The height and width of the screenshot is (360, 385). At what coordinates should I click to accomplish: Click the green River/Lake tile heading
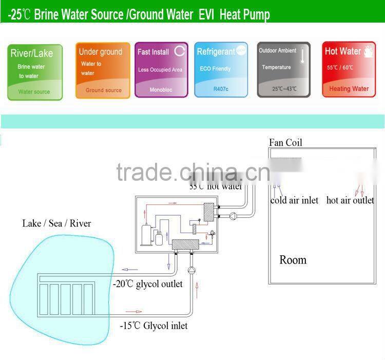coord(32,53)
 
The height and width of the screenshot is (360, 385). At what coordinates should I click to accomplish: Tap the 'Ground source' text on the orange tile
coord(104,90)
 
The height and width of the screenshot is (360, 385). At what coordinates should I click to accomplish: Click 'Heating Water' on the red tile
coord(349,89)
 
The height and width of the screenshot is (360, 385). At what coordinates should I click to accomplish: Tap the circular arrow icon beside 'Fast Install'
coord(179,51)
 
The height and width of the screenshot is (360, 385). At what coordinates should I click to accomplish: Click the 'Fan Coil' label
coord(285,142)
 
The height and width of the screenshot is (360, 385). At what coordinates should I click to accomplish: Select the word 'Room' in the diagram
coord(293,260)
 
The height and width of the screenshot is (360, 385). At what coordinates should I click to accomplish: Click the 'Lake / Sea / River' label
coord(56,223)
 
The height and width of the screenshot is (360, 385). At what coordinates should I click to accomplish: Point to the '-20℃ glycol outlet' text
coord(148,284)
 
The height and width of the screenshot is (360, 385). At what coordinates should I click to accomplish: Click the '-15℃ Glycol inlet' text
coord(154,326)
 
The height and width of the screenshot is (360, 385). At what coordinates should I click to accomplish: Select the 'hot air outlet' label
coord(350,200)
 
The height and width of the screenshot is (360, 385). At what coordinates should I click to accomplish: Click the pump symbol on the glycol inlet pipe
coord(192,269)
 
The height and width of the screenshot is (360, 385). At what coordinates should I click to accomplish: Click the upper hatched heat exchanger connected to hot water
coord(208,212)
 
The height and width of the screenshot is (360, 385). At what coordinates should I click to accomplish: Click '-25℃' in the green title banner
coord(20,15)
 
